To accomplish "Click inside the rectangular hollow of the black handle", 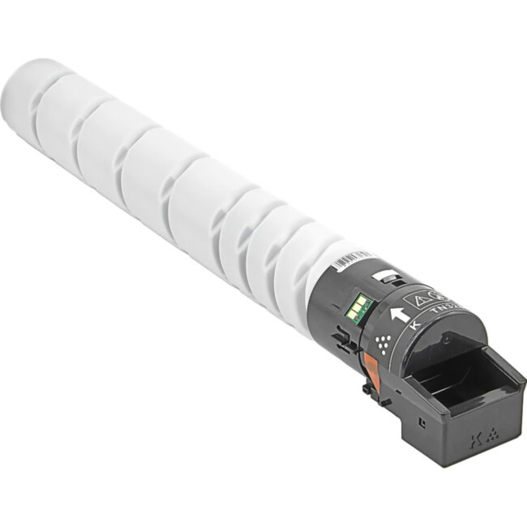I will point(454,381).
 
